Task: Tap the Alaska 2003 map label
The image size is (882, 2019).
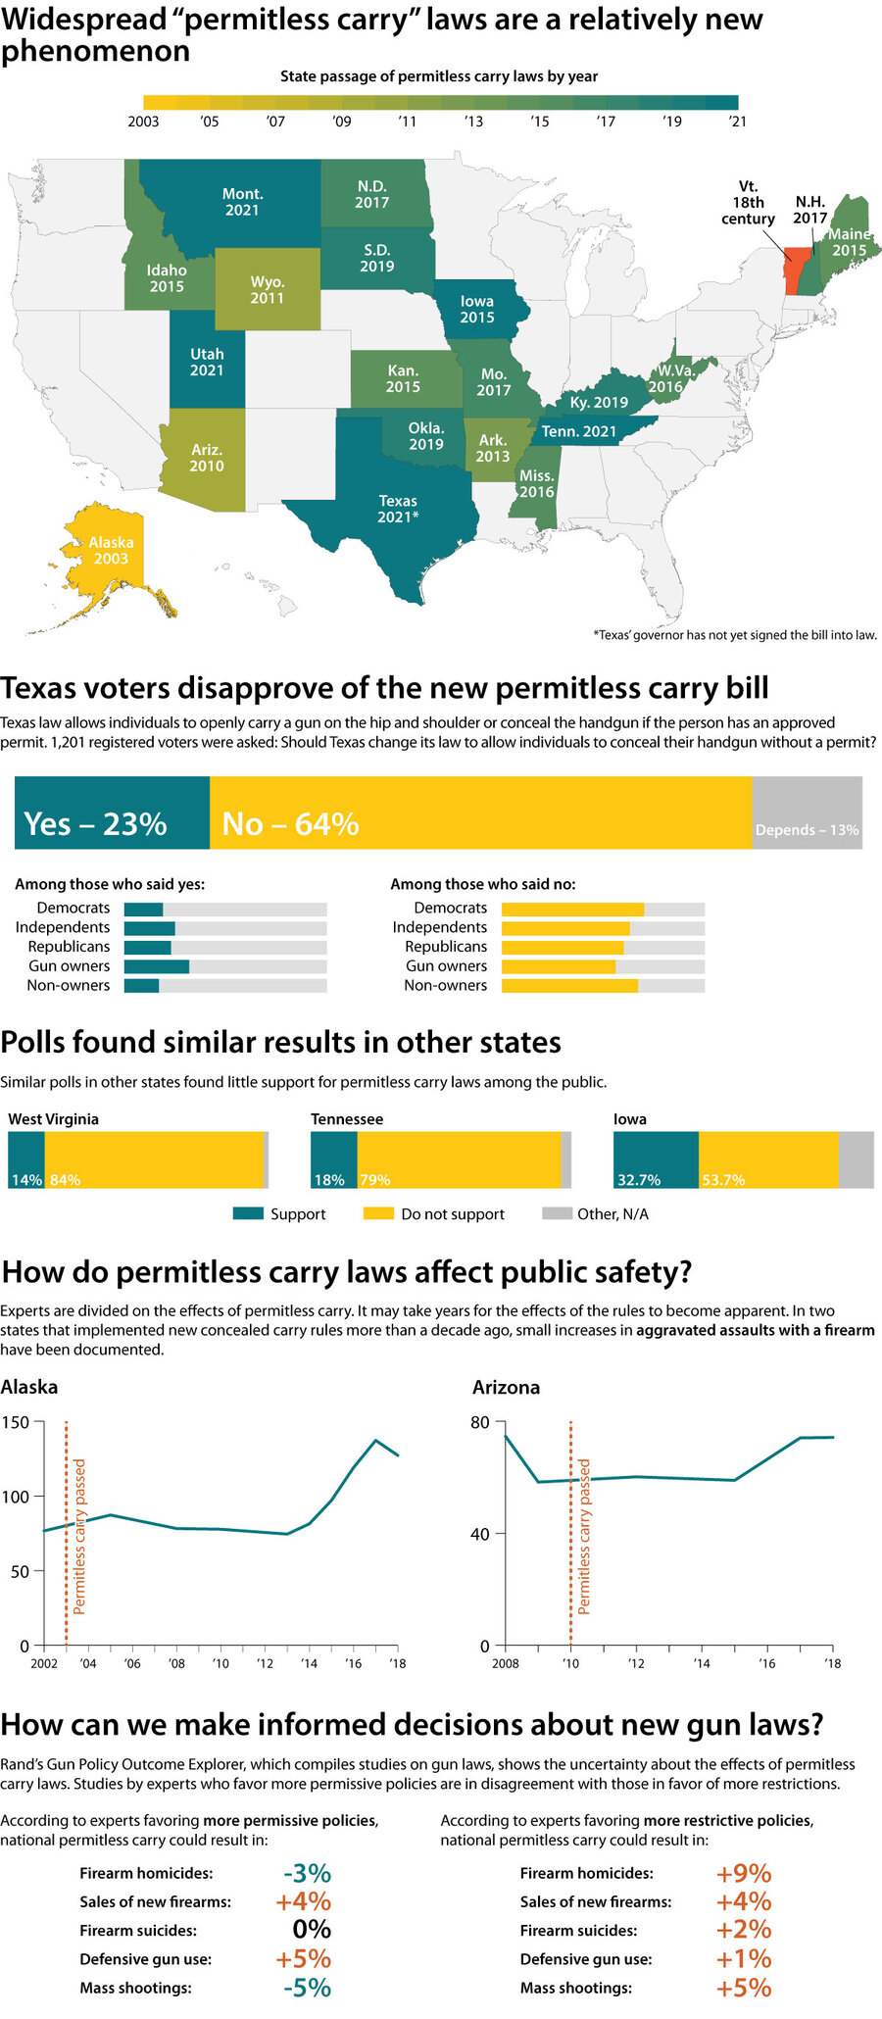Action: [111, 550]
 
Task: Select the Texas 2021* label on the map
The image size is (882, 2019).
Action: [398, 509]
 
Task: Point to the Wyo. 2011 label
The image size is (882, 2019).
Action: [267, 290]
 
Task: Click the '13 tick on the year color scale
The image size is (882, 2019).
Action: [473, 122]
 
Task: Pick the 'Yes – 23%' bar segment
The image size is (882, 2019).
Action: [112, 813]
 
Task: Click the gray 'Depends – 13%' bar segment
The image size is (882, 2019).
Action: [807, 813]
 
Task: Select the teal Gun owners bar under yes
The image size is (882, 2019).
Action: [156, 966]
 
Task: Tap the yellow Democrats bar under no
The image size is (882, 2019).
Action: [572, 909]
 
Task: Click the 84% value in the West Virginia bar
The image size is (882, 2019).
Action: [65, 1180]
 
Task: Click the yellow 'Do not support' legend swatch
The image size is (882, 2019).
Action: [377, 1213]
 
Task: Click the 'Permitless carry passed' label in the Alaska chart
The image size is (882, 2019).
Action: [79, 1536]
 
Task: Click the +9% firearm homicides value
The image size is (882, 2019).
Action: [743, 1873]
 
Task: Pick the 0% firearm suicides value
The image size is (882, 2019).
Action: [312, 1930]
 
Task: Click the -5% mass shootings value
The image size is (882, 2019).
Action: [307, 1988]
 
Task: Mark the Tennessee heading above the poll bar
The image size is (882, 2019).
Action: [347, 1119]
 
